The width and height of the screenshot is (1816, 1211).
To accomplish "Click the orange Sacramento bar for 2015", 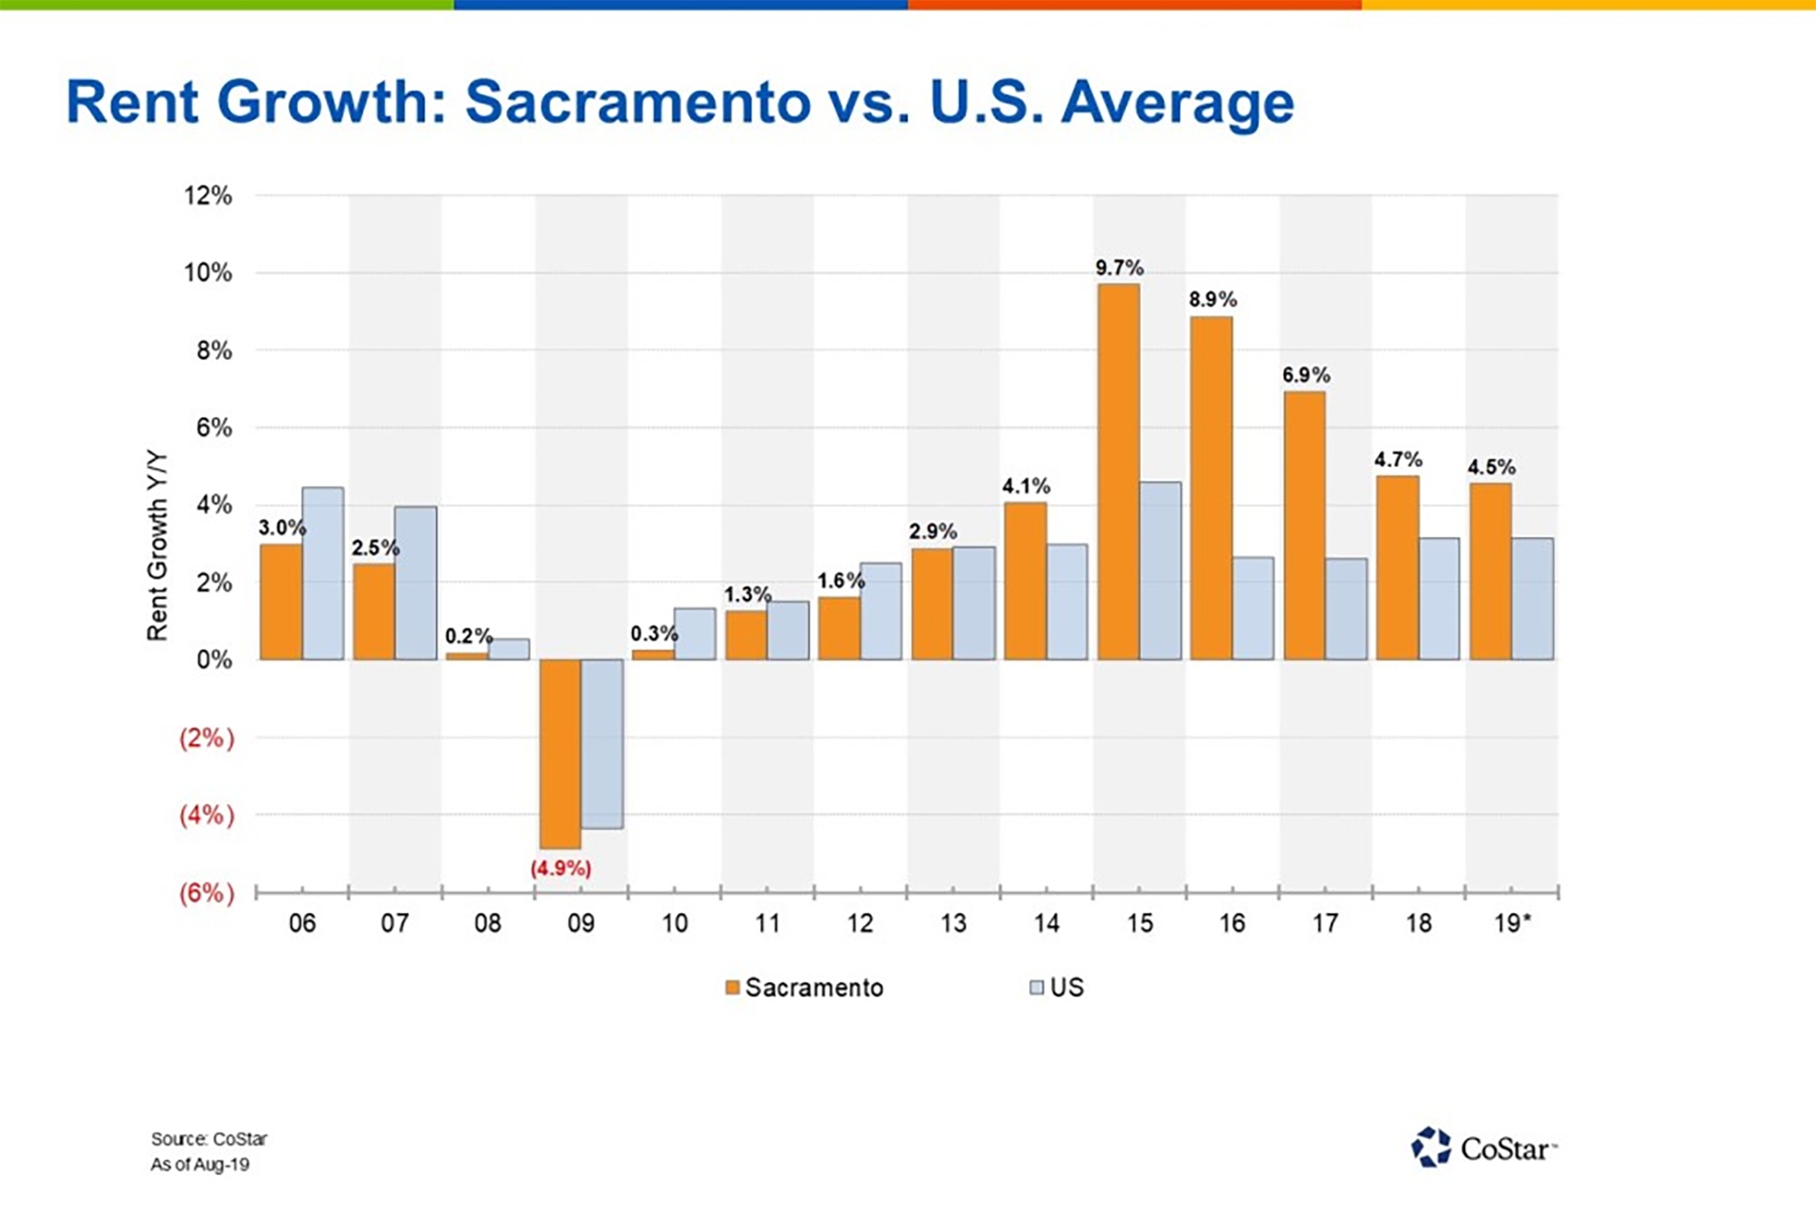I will pos(1118,471).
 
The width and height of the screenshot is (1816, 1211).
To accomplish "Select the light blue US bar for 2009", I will pos(602,743).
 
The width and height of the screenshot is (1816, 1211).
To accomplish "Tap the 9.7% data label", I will pos(1119,268).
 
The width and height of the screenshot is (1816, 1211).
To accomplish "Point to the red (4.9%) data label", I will pos(560,868).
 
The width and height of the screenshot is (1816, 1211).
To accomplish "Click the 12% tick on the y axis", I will pos(208,195).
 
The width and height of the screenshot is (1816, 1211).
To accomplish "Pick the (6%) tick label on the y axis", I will pos(207,893).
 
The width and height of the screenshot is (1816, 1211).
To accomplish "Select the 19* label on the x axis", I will pos(1512,923).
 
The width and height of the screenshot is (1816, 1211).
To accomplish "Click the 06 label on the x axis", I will pos(302,923).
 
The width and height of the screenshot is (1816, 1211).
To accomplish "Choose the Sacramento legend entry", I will pos(804,987).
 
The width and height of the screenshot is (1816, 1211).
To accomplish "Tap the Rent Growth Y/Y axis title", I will pos(157,546).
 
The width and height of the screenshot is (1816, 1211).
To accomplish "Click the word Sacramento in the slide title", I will pos(638,102).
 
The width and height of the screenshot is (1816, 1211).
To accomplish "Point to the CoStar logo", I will pos(1482,1148).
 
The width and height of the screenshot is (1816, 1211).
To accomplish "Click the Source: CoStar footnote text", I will pos(209,1138).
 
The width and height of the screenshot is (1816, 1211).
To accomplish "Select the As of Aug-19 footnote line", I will pos(200,1164).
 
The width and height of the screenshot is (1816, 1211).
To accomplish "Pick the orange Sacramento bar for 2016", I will pos(1211,488).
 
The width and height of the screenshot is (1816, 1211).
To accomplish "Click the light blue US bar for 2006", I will pos(323,573).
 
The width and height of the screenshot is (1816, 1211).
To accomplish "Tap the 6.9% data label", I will pos(1305,375).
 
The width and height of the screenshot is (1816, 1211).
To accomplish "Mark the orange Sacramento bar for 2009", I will pos(560,754).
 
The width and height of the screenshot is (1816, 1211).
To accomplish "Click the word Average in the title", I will pos(1177,102).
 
